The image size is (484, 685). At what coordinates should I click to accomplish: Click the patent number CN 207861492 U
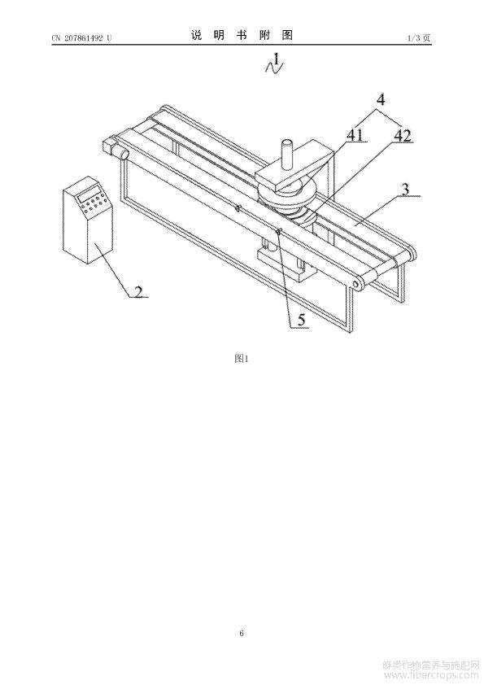pyautogui.click(x=81, y=38)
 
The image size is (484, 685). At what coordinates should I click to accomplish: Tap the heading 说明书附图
pyautogui.click(x=242, y=35)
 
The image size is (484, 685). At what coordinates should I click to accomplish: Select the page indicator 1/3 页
pyautogui.click(x=419, y=38)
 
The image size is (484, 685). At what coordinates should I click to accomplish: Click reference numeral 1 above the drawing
pyautogui.click(x=275, y=57)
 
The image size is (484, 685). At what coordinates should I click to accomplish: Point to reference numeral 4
pyautogui.click(x=381, y=99)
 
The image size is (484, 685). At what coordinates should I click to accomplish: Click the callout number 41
pyautogui.click(x=355, y=135)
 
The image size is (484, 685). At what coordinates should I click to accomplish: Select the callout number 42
pyautogui.click(x=403, y=136)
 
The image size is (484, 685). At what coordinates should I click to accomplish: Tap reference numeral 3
pyautogui.click(x=406, y=190)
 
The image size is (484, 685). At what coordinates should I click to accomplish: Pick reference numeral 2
pyautogui.click(x=138, y=291)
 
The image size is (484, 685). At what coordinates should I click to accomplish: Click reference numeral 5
pyautogui.click(x=301, y=321)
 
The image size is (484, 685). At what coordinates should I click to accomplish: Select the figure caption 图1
pyautogui.click(x=242, y=359)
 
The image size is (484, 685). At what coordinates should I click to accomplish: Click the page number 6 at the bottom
pyautogui.click(x=242, y=633)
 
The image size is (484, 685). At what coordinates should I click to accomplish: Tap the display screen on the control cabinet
pyautogui.click(x=88, y=193)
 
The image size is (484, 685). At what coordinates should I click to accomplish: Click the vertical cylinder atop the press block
pyautogui.click(x=287, y=155)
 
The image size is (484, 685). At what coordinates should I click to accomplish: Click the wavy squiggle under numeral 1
pyautogui.click(x=275, y=68)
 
